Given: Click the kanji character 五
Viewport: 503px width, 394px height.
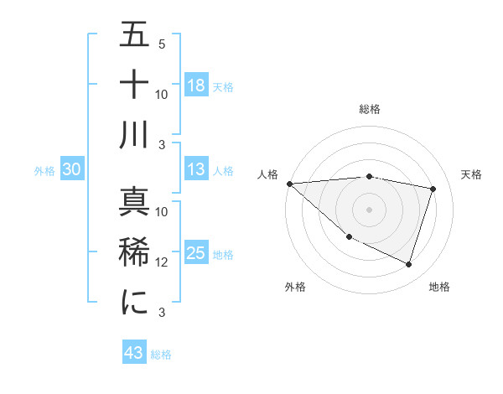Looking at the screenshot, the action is click(134, 37).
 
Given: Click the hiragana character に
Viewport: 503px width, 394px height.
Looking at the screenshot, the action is click(134, 302).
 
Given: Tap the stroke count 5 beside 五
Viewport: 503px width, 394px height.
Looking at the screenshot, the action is click(162, 44).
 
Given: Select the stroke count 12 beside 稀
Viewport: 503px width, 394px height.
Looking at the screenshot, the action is click(162, 262).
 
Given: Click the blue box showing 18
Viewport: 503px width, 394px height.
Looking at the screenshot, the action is click(196, 85).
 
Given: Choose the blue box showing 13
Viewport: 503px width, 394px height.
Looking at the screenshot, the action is click(196, 169).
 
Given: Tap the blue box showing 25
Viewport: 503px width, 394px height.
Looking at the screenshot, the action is click(196, 253).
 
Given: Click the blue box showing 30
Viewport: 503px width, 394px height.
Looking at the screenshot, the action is click(72, 169).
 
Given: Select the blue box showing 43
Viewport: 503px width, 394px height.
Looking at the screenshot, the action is click(134, 353).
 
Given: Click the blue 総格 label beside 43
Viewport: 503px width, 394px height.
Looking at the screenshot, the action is click(161, 355).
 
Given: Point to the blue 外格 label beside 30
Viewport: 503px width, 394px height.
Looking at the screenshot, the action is click(44, 171).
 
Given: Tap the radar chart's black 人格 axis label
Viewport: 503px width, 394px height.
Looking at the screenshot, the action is click(268, 174).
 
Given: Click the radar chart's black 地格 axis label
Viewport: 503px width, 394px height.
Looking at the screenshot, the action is click(439, 287).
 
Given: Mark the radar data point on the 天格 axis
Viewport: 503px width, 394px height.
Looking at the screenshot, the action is click(433, 189).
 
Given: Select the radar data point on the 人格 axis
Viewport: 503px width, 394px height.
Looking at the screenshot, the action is click(289, 184).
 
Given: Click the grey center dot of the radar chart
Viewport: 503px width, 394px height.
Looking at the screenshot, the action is click(369, 210).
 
